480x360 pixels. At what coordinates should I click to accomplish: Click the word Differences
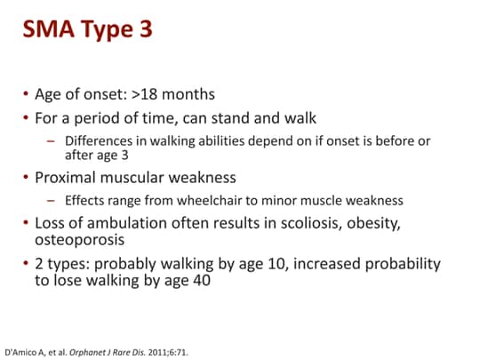click(101, 140)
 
